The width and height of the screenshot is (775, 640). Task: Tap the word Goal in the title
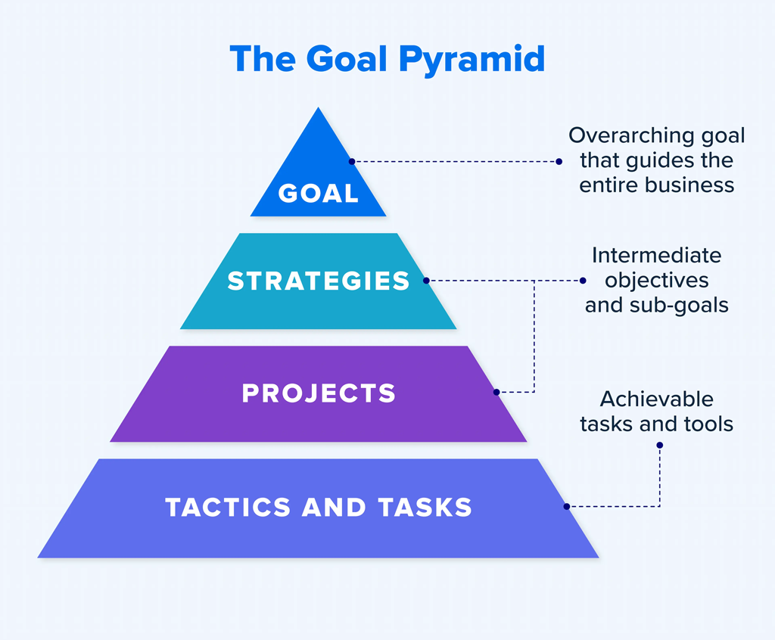(347, 59)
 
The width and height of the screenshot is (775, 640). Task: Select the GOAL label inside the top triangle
(319, 193)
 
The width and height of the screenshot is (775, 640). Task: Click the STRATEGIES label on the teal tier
(319, 281)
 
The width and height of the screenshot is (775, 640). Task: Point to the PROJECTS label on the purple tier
(319, 393)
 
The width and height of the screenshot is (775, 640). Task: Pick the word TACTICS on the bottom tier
(228, 508)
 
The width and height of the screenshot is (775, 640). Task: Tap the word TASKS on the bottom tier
(425, 508)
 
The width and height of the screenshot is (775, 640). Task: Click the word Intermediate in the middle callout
(656, 256)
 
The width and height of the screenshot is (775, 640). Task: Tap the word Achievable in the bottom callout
(656, 399)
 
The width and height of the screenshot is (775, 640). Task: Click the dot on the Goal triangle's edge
(352, 162)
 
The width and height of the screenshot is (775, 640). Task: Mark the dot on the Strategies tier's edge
(426, 281)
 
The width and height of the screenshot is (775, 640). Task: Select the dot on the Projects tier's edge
(496, 392)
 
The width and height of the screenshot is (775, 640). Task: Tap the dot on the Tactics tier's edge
(566, 507)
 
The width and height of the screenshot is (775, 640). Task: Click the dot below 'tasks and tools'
(659, 446)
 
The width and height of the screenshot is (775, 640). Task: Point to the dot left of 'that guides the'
(559, 162)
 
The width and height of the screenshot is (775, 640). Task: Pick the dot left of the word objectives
(583, 281)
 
